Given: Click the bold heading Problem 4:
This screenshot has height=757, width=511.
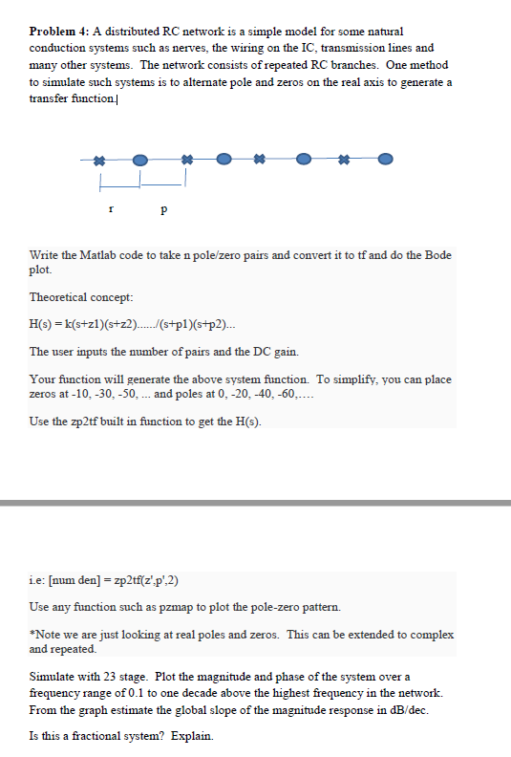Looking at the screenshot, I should [59, 32].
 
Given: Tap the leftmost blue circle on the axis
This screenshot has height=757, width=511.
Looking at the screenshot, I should [140, 159].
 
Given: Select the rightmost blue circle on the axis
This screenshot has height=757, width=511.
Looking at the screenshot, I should [385, 159].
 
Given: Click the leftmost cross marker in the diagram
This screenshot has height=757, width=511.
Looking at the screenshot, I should [99, 159].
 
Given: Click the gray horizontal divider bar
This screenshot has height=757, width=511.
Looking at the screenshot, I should [255, 503].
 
